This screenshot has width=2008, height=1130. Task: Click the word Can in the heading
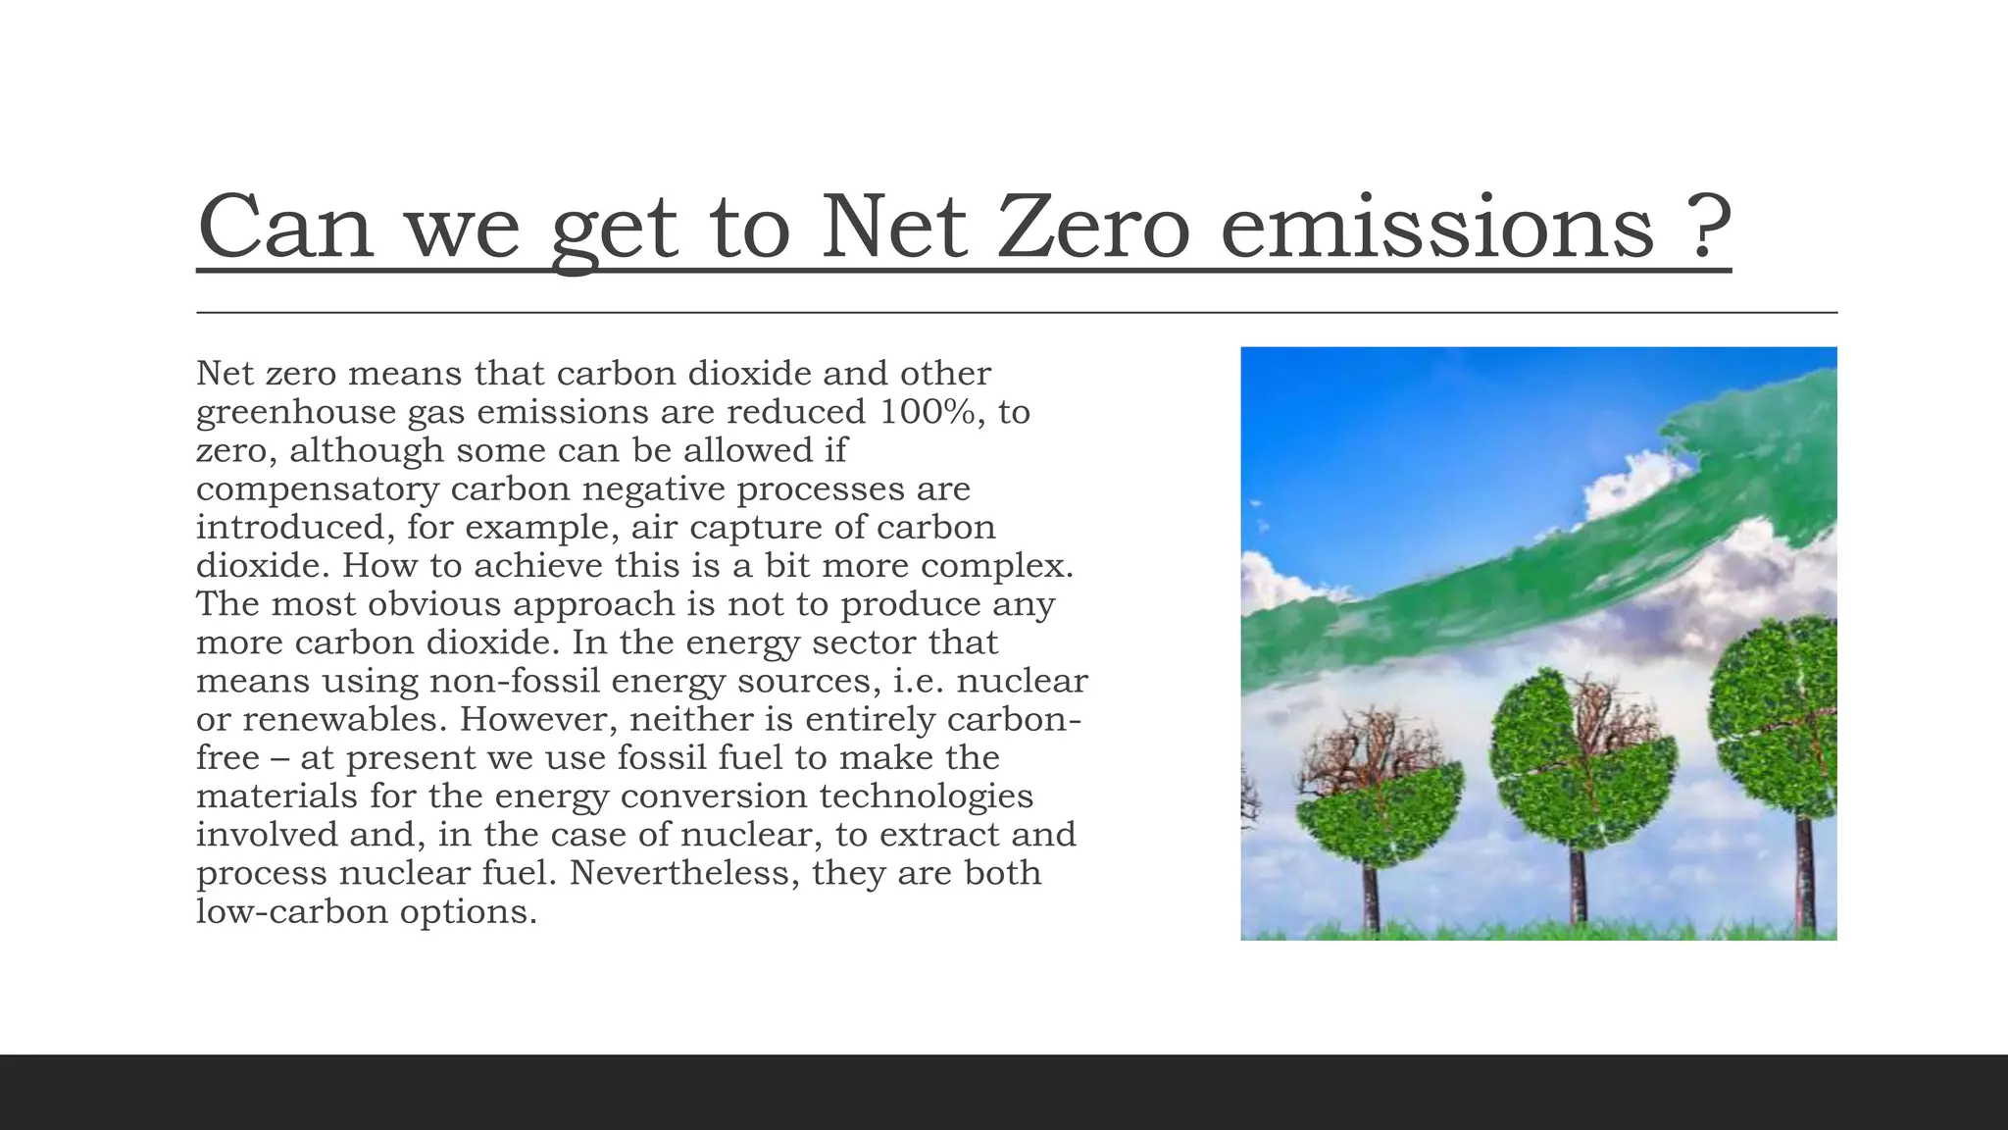tap(285, 228)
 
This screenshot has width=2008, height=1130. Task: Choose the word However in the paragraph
tap(539, 719)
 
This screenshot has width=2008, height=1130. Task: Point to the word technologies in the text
tap(926, 796)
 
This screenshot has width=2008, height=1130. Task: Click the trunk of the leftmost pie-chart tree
tap(1371, 898)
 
